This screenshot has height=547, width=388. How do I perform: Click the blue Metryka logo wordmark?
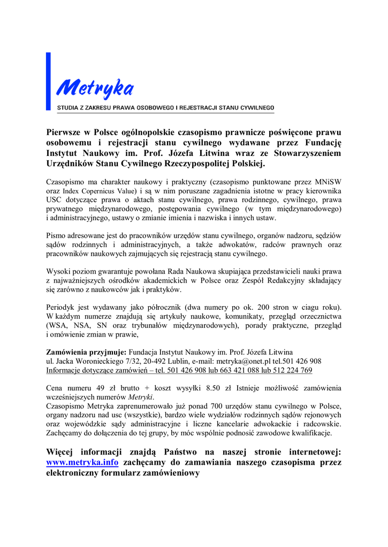coord(95,86)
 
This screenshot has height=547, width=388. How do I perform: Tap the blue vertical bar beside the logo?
coord(49,81)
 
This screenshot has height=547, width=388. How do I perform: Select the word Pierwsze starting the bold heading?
coord(67,132)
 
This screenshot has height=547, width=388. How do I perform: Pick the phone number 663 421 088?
coord(249,370)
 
